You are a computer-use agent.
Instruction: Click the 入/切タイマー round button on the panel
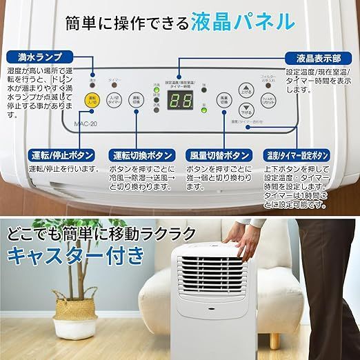tap(114, 101)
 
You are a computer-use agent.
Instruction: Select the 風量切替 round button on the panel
tap(223, 100)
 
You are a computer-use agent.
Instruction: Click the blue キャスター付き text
tap(77, 256)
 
